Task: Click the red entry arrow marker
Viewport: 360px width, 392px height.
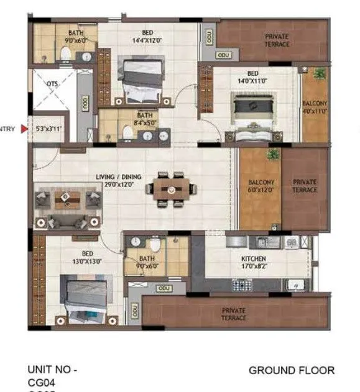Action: click(x=24, y=129)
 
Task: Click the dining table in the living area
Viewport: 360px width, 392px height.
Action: click(x=169, y=189)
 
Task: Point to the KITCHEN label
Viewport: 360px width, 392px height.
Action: click(x=254, y=258)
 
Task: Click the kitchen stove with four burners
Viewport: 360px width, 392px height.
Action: click(x=242, y=285)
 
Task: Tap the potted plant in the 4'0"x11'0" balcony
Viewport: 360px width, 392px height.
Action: click(x=319, y=74)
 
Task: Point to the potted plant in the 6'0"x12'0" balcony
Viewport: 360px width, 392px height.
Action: click(x=271, y=153)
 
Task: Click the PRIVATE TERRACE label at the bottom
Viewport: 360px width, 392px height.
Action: click(x=233, y=314)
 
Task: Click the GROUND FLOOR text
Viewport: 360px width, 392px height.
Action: click(x=291, y=371)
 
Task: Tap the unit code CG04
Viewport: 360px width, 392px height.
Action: click(x=41, y=383)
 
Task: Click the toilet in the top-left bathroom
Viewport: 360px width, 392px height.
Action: click(x=65, y=54)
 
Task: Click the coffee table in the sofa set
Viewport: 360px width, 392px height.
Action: click(x=67, y=199)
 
